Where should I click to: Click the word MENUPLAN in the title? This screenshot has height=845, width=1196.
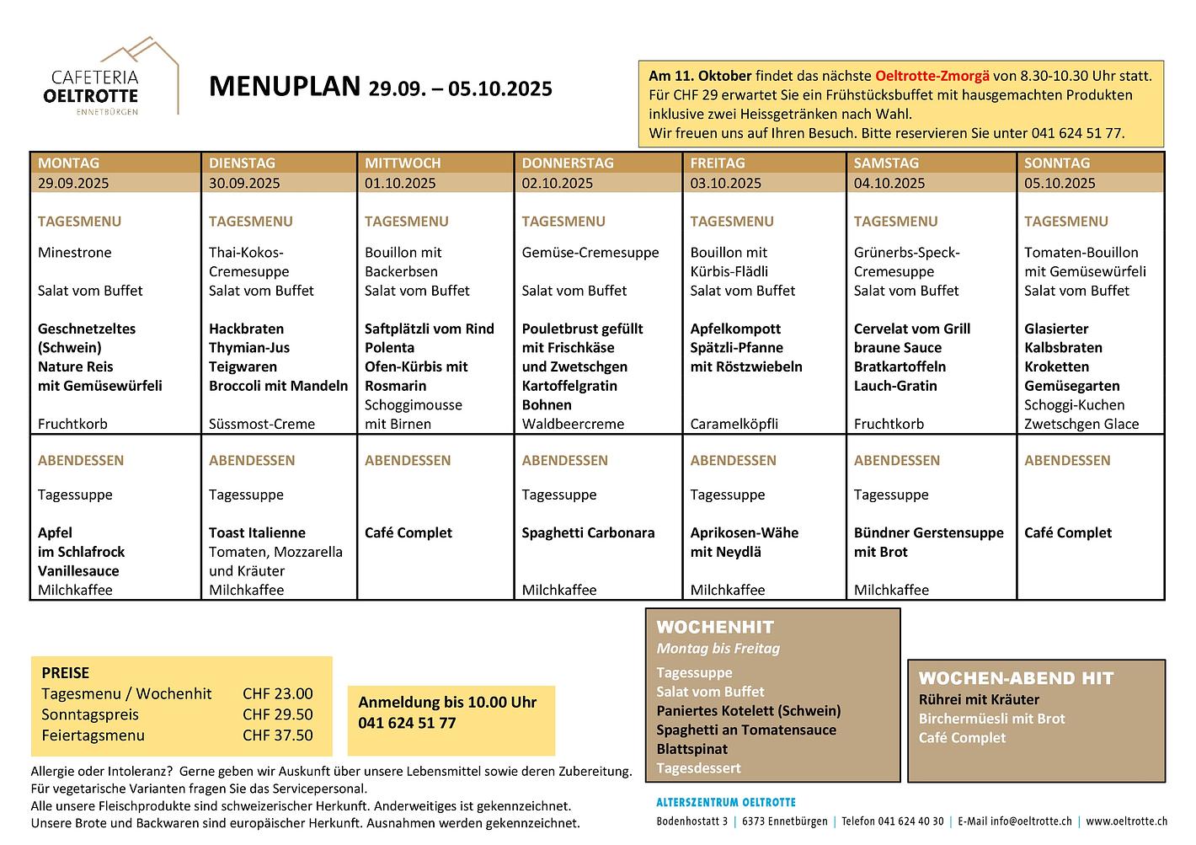[284, 87]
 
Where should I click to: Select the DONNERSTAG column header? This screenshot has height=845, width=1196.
[568, 163]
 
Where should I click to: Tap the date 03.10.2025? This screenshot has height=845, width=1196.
[725, 183]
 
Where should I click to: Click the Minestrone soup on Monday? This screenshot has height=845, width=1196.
[74, 252]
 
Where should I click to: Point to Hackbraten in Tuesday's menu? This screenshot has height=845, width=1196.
[246, 329]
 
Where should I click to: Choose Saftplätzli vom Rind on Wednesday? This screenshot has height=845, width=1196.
[429, 329]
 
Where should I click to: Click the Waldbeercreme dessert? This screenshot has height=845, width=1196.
[573, 424]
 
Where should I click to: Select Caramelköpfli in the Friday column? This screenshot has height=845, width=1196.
[734, 424]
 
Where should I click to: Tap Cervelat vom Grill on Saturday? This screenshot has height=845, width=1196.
[911, 329]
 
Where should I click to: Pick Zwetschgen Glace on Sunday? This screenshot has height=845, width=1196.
[1081, 424]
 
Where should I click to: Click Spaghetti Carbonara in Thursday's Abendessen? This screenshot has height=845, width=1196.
[587, 532]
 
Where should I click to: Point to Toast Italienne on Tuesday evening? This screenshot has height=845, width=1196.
[257, 532]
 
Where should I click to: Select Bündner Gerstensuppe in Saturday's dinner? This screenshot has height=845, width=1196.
[928, 532]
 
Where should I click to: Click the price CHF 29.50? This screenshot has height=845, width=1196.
[277, 714]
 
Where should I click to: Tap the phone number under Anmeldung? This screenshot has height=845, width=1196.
[407, 723]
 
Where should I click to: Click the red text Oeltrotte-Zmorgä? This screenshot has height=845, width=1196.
[932, 76]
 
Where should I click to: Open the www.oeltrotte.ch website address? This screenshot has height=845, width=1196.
[1126, 821]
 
